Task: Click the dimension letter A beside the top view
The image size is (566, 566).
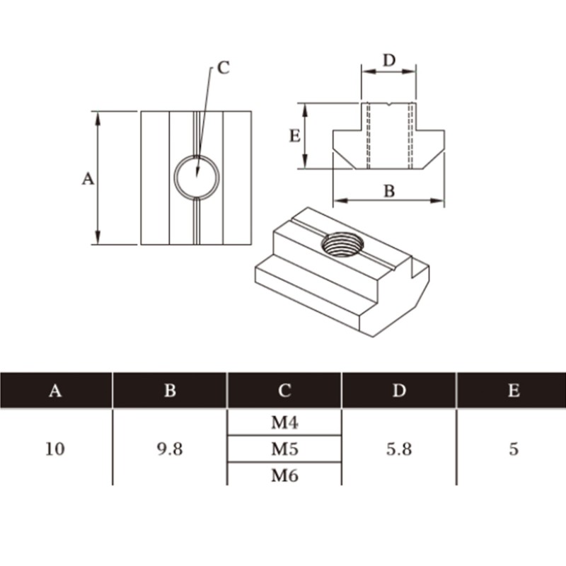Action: (x=88, y=179)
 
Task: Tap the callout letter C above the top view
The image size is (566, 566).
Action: (x=224, y=67)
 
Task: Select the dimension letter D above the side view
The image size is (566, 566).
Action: (x=389, y=60)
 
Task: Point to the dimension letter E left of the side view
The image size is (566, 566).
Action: (x=295, y=136)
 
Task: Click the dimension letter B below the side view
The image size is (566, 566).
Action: (x=389, y=191)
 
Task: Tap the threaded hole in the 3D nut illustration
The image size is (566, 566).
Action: (x=342, y=244)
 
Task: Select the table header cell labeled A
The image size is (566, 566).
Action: (x=55, y=391)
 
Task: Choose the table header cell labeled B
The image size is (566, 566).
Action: (x=170, y=391)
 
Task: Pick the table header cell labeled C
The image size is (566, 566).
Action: (x=284, y=391)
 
